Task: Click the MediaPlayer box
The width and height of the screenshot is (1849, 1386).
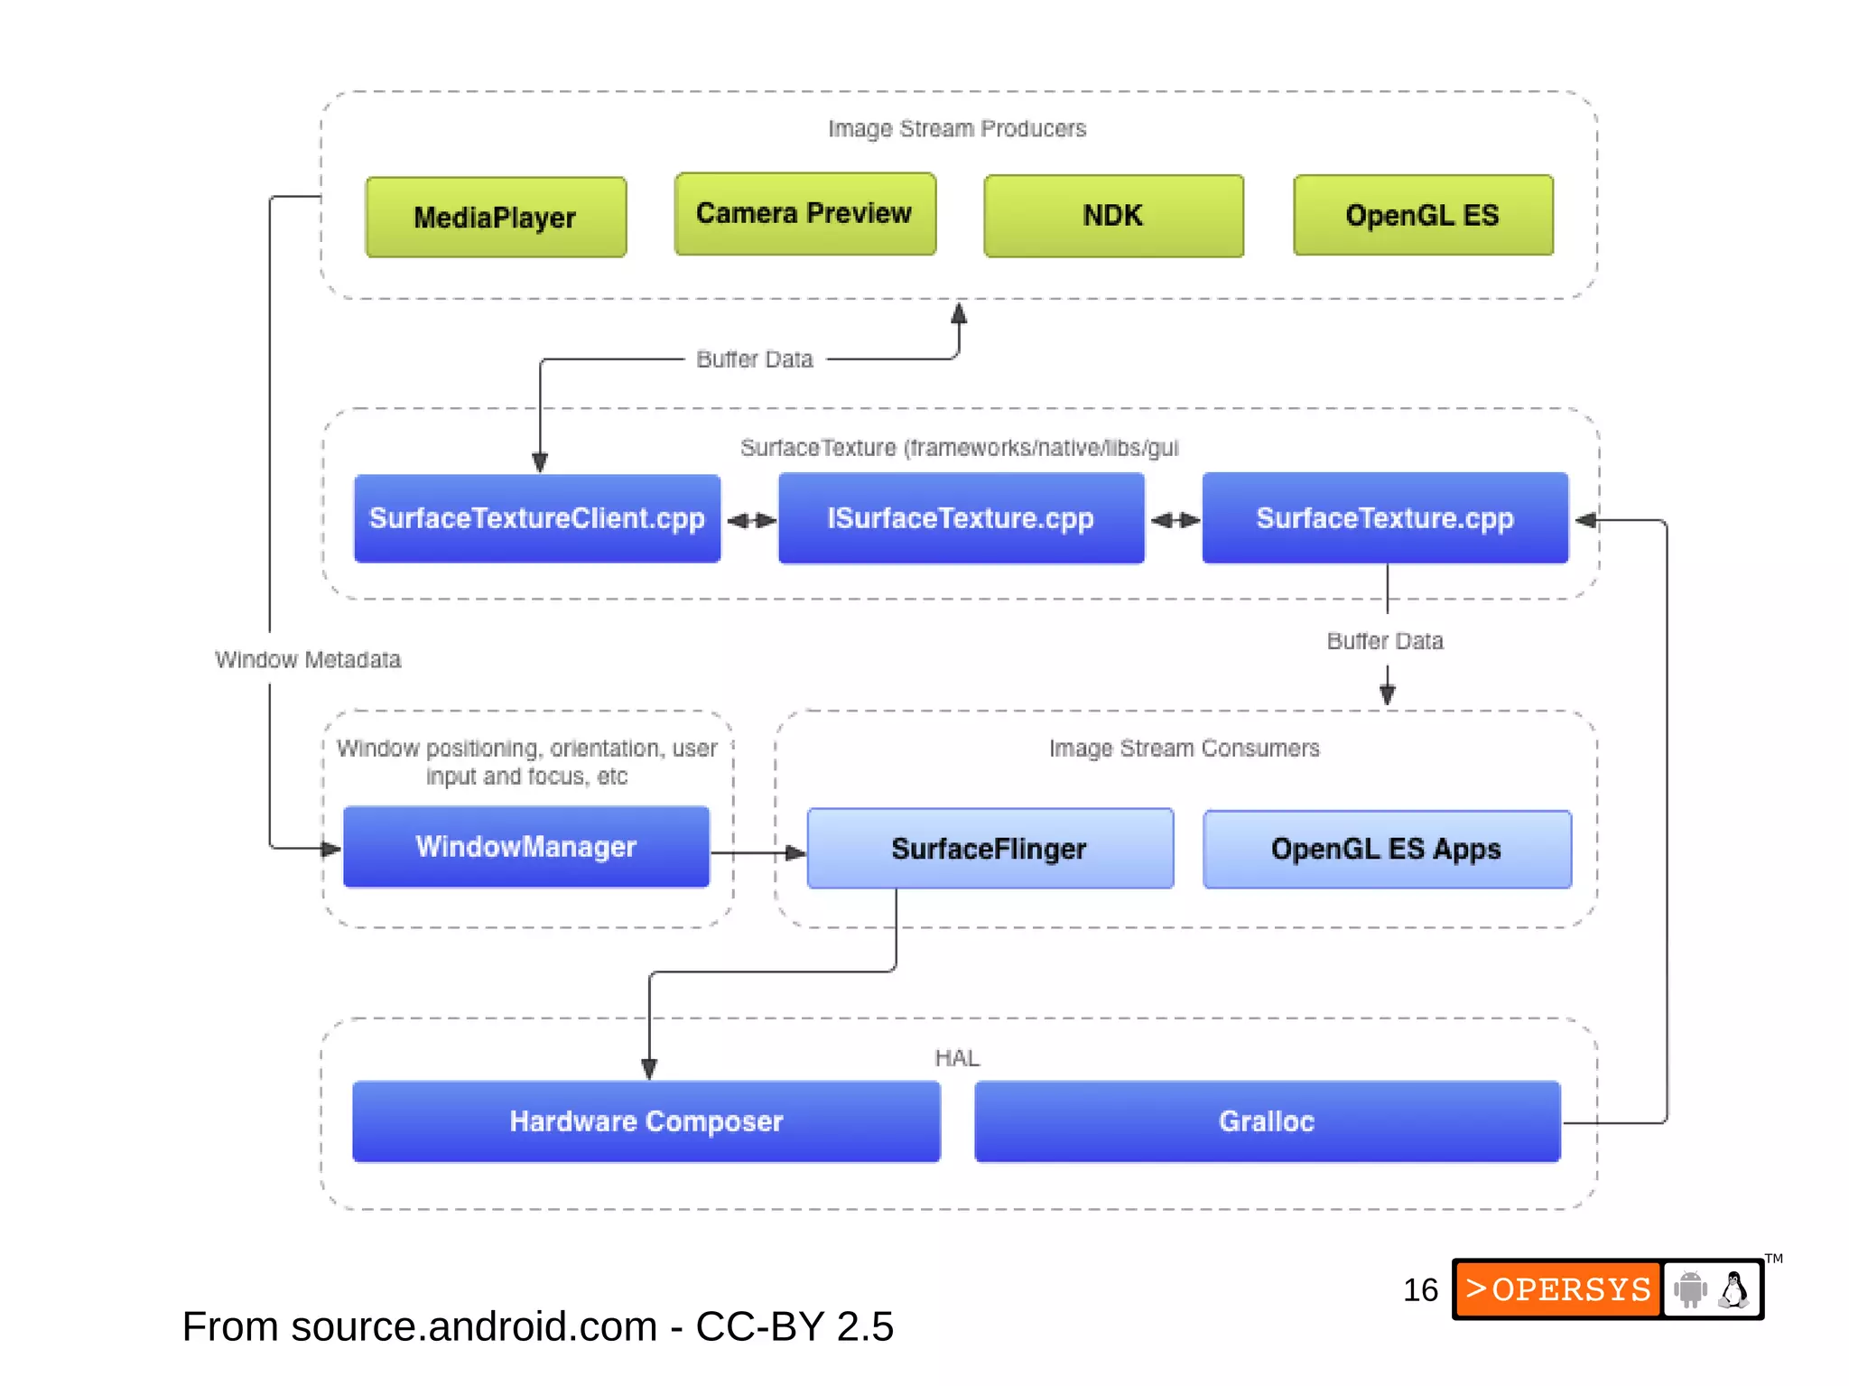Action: [x=496, y=218]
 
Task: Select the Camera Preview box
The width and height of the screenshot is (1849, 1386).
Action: [x=804, y=214]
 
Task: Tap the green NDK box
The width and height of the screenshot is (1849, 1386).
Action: [x=1113, y=216]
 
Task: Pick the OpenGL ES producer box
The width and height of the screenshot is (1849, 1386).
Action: [x=1423, y=216]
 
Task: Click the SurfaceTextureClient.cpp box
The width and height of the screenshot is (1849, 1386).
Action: [x=537, y=518]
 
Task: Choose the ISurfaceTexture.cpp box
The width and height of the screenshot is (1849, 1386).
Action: [x=961, y=518]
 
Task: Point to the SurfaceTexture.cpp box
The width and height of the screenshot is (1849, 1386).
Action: [x=1385, y=518]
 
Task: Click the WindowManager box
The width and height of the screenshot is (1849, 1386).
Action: [x=526, y=847]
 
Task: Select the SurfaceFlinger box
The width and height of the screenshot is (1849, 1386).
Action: [x=990, y=849]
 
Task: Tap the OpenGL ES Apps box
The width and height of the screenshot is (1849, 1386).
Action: [x=1387, y=849]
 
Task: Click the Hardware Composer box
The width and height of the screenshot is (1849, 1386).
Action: [x=646, y=1121]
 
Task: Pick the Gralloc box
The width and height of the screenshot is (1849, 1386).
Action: [x=1267, y=1121]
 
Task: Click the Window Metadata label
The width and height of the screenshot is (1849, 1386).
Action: [x=308, y=660]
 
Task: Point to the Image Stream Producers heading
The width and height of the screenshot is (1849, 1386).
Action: [x=957, y=129]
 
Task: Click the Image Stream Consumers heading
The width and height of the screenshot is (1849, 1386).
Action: [x=1184, y=749]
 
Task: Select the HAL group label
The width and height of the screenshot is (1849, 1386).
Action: [x=957, y=1058]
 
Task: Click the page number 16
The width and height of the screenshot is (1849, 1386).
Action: [x=1420, y=1290]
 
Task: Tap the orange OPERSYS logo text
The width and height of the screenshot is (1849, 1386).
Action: [x=1559, y=1289]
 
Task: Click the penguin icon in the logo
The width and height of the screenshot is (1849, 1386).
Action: [x=1733, y=1290]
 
